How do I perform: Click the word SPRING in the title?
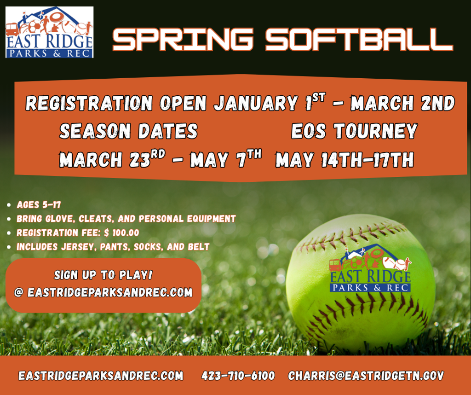[x=183, y=40]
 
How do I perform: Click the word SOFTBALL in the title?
[x=359, y=40]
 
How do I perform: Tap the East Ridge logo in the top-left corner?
[x=50, y=32]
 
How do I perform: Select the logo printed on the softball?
[x=370, y=268]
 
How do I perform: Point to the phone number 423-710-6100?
[x=238, y=376]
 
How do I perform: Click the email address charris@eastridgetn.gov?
[x=366, y=376]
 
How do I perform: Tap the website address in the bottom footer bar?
[x=101, y=376]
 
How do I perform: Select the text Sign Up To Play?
[x=103, y=275]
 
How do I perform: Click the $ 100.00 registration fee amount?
[x=121, y=232]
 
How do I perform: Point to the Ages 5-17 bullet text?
[x=39, y=205]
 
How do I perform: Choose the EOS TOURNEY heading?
[x=355, y=131]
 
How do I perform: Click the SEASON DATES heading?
[x=129, y=131]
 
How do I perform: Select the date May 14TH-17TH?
[x=345, y=159]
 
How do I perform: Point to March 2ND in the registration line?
[x=403, y=103]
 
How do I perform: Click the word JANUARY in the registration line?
[x=256, y=103]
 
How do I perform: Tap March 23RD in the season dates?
[x=112, y=159]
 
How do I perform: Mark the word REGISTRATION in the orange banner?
[x=89, y=103]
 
